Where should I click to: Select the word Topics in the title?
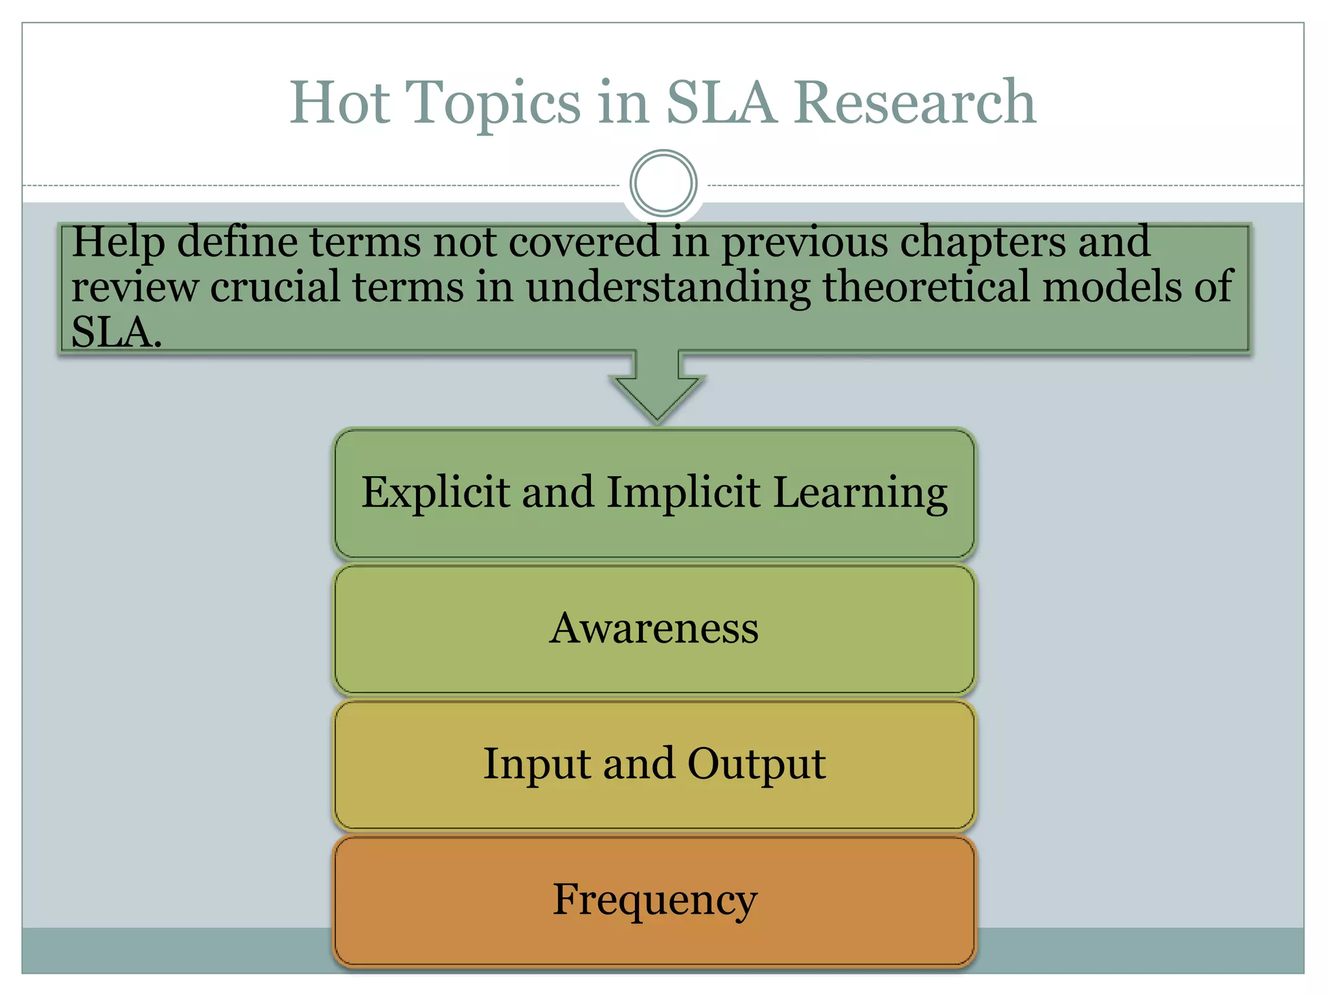(x=492, y=104)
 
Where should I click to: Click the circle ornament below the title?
(x=663, y=184)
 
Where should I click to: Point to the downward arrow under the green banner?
(x=657, y=389)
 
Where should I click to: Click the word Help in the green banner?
(x=117, y=243)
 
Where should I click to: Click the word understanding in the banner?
(x=667, y=288)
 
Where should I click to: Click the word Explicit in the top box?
(x=435, y=493)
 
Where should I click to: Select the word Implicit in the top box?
(x=683, y=493)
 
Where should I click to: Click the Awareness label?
(x=654, y=628)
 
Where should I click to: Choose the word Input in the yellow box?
(x=536, y=765)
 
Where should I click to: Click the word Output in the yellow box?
(x=756, y=765)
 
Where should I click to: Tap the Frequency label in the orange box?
(x=654, y=901)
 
